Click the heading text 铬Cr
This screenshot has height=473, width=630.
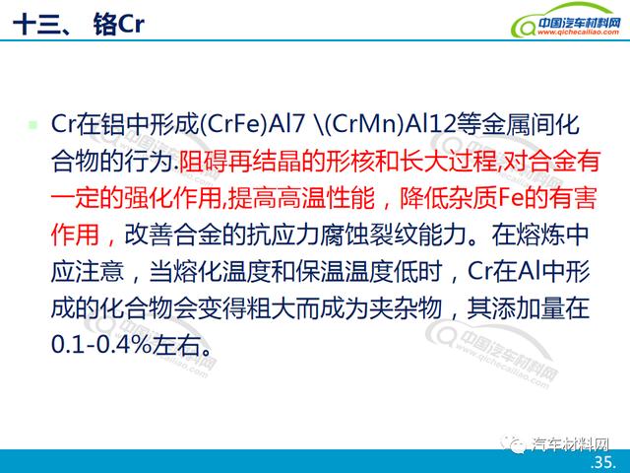(118, 24)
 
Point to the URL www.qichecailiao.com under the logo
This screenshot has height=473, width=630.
(578, 33)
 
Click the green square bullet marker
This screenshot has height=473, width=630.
(32, 125)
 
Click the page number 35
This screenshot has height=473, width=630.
(603, 462)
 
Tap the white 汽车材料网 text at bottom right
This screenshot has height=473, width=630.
(571, 444)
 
